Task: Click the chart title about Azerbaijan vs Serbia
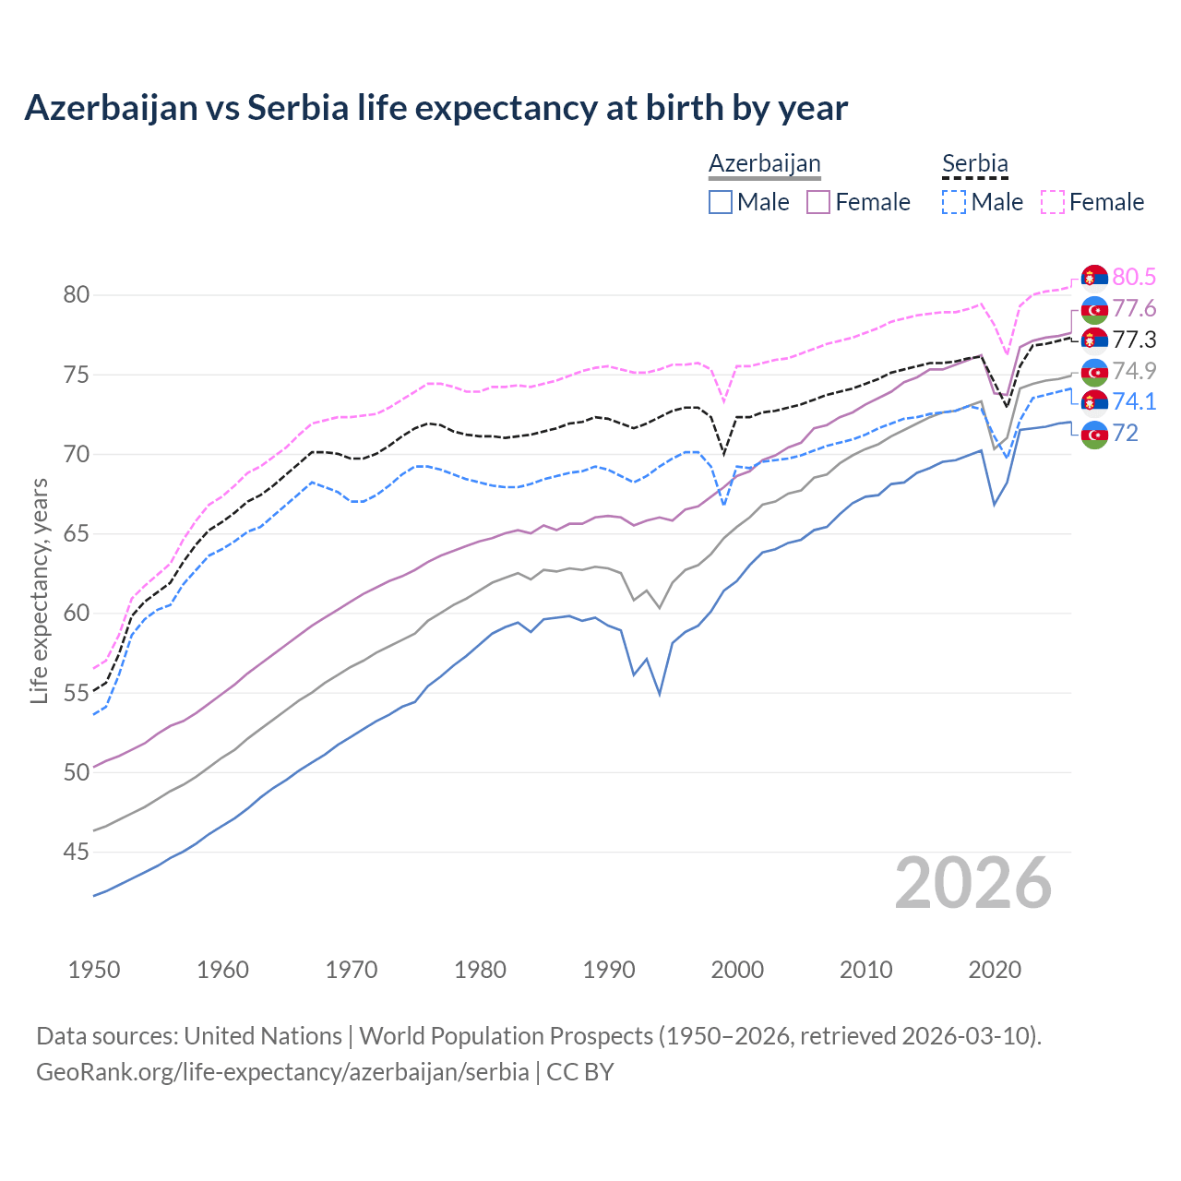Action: tap(435, 108)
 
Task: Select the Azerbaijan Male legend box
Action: tap(721, 202)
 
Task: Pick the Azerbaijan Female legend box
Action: tap(819, 202)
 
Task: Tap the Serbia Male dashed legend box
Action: tap(954, 202)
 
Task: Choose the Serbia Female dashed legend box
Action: tap(1053, 202)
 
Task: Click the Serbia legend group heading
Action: tap(974, 164)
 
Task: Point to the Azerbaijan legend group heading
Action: tap(764, 164)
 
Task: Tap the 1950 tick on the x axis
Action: tap(94, 970)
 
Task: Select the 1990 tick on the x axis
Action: tap(609, 970)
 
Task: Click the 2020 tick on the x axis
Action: tap(995, 970)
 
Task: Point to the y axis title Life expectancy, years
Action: tap(40, 590)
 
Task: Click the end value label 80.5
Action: tap(1134, 277)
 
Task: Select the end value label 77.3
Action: tap(1134, 340)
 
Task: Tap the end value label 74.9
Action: tap(1134, 371)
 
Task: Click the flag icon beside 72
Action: tap(1094, 434)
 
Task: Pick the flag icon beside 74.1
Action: tap(1094, 402)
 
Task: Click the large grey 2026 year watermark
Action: tap(972, 883)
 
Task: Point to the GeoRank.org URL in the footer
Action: tap(282, 1072)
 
